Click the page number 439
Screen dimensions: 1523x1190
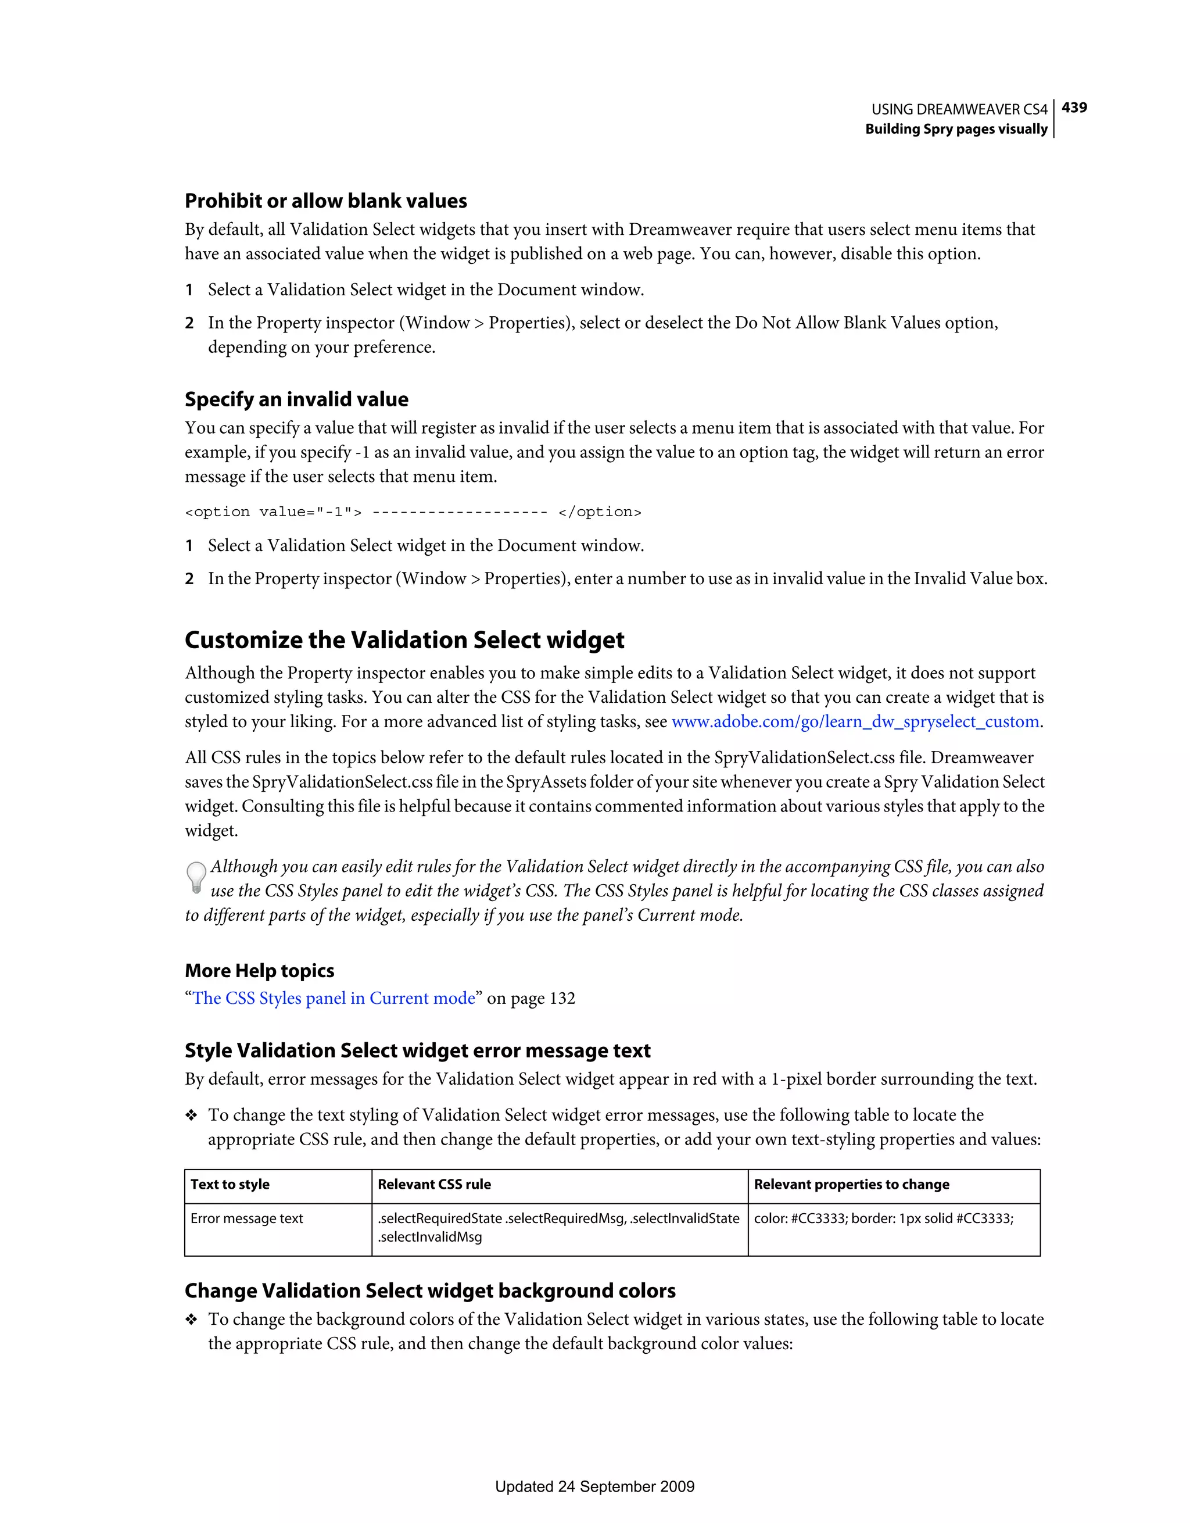coord(1074,108)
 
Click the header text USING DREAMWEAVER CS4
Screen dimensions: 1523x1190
coord(959,109)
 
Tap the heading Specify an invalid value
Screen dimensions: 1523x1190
coord(296,399)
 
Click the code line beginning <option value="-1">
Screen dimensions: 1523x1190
coord(413,512)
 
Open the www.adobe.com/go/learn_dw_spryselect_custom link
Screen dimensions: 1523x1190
coord(855,722)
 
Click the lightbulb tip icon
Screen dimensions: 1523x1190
coord(196,877)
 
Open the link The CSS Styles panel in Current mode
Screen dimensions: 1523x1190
coord(334,998)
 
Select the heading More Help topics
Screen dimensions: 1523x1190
coord(259,971)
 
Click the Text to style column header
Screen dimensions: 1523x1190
coord(230,1184)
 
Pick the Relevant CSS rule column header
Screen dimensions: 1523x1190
coord(434,1184)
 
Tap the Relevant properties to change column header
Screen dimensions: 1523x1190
coord(851,1184)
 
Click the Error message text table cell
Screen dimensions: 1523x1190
coord(247,1218)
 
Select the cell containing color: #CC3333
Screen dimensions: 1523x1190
coord(883,1218)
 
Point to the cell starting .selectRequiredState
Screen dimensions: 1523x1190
coord(558,1227)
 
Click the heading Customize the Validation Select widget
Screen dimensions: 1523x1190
coord(404,640)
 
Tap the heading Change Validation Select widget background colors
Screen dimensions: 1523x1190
coord(430,1291)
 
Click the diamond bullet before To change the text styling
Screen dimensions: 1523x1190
coord(191,1116)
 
